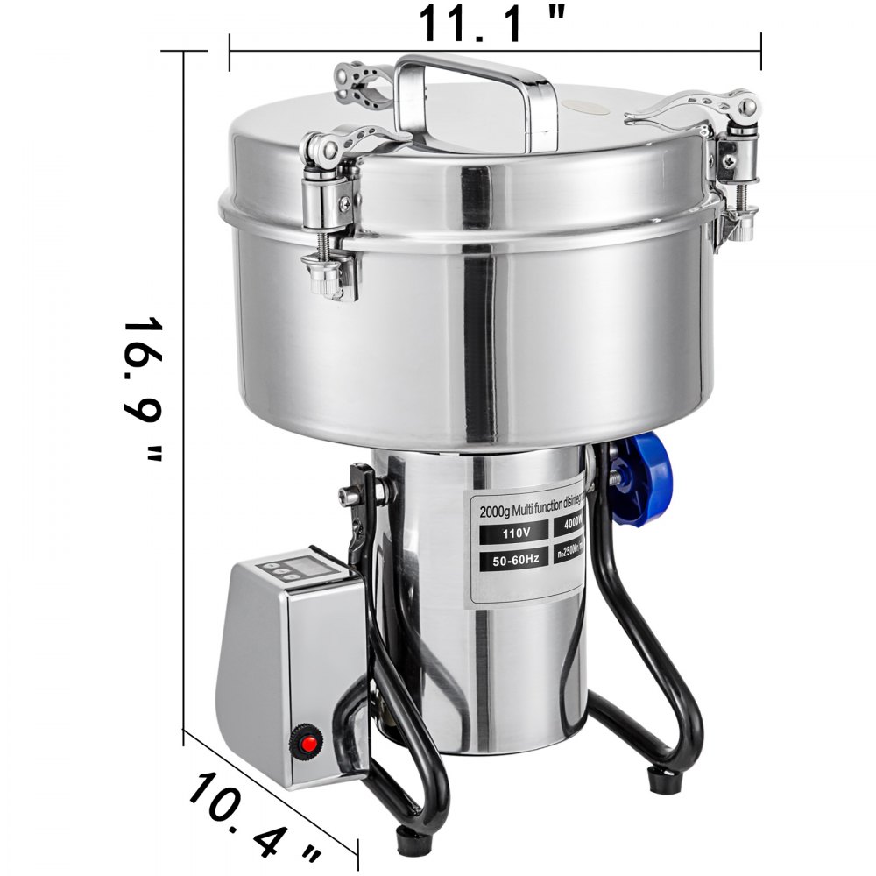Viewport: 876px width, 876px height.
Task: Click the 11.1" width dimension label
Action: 491,24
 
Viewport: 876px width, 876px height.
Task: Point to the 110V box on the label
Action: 510,531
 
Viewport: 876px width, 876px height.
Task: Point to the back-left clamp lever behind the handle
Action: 364,83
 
